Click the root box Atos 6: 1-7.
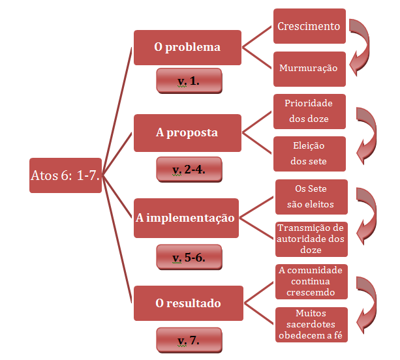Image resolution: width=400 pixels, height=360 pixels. pyautogui.click(x=65, y=175)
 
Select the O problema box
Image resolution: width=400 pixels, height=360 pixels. pyautogui.click(x=187, y=47)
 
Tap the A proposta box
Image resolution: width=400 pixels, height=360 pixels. pyautogui.click(x=187, y=132)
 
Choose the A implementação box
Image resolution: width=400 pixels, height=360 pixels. pyautogui.click(x=185, y=218)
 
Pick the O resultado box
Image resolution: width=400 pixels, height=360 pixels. pyautogui.click(x=187, y=303)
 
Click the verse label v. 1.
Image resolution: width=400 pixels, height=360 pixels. pyautogui.click(x=189, y=82)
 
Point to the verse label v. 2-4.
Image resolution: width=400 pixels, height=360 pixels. pyautogui.click(x=189, y=170)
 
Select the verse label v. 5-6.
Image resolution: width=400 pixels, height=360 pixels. pyautogui.click(x=189, y=257)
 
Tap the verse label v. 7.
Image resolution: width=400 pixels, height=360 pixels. pyautogui.click(x=189, y=340)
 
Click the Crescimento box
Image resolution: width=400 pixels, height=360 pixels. pyautogui.click(x=309, y=27)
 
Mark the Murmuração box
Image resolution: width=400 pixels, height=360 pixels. pyautogui.click(x=309, y=68)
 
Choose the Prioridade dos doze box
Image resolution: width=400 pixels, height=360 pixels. pyautogui.click(x=309, y=111)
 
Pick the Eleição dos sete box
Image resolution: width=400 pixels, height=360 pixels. pyautogui.click(x=309, y=153)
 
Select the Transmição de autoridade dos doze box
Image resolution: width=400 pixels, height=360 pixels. pyautogui.click(x=311, y=239)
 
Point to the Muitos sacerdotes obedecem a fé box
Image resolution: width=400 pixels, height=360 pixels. pyautogui.click(x=311, y=324)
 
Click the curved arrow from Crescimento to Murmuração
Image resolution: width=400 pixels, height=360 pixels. pyautogui.click(x=362, y=46)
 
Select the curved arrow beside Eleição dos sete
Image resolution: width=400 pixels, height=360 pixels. pyautogui.click(x=369, y=134)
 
